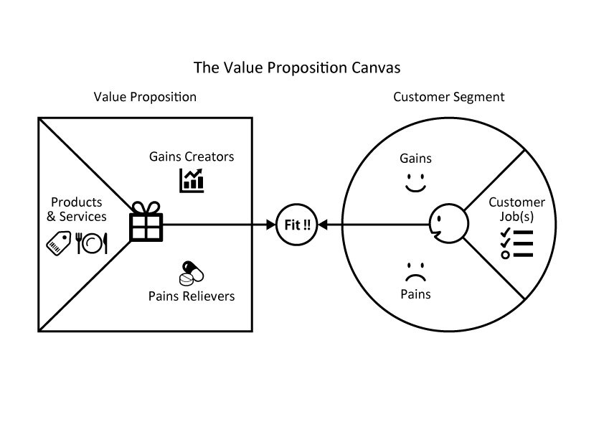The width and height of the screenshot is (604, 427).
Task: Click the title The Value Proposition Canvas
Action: [x=297, y=68]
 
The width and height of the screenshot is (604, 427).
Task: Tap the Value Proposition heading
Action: [x=145, y=97]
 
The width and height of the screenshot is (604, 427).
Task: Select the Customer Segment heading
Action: [x=449, y=97]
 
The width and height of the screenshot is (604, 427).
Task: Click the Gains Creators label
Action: [x=192, y=156]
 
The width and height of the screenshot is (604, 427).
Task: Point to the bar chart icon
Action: [x=192, y=180]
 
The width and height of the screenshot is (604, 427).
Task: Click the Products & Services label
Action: [x=77, y=210]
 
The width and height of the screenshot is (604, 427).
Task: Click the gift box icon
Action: [x=146, y=223]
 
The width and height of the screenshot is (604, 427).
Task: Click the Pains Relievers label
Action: [x=192, y=296]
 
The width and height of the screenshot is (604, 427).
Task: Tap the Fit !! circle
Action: [x=297, y=225]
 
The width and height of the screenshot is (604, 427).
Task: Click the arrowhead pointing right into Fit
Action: [x=272, y=225]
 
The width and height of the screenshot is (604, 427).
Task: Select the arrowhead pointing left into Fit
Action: [x=322, y=225]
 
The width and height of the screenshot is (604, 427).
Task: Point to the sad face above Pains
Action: [x=415, y=273]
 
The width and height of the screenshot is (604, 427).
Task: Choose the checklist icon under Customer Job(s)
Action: [x=516, y=243]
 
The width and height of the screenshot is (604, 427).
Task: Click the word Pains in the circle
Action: [x=415, y=294]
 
